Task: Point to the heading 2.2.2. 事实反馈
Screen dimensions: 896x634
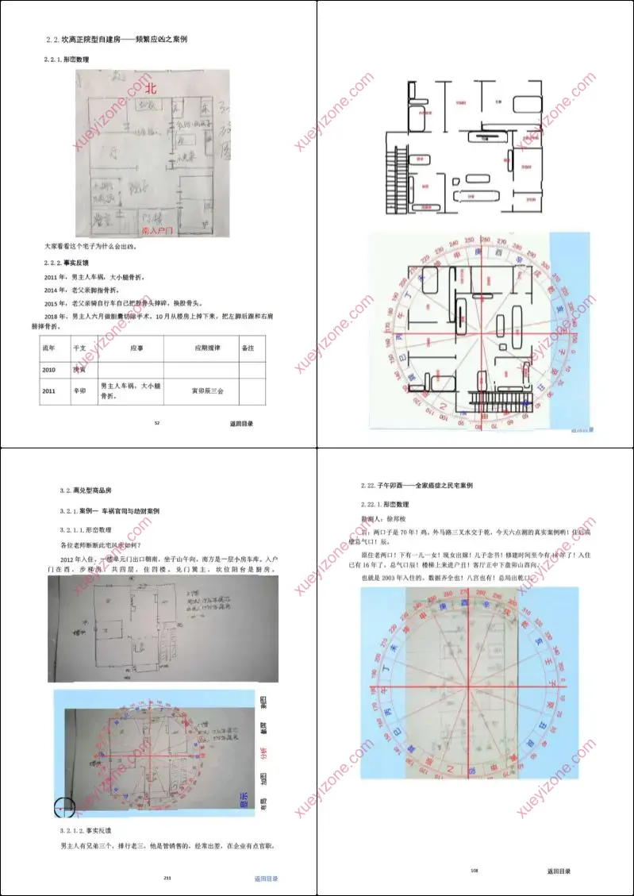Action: [x=69, y=262]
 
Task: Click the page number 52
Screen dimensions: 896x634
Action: [x=157, y=423]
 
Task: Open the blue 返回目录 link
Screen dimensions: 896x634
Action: [x=266, y=879]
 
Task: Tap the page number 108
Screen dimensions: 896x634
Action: [x=474, y=871]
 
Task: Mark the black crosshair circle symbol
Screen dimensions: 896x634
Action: [x=64, y=808]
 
